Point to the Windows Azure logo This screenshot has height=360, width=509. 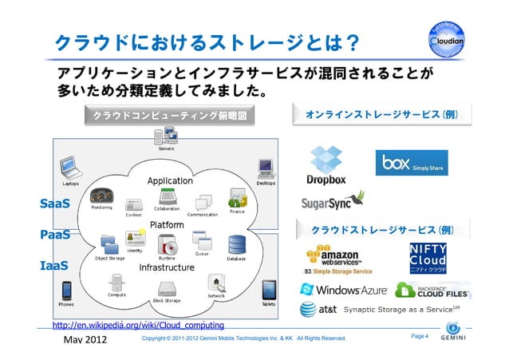pyautogui.click(x=344, y=289)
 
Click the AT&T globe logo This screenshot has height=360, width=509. pyautogui.click(x=308, y=310)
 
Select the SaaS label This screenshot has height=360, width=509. pyautogui.click(x=55, y=204)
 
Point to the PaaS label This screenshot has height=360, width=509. pyautogui.click(x=55, y=235)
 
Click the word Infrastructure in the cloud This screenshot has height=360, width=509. pyautogui.click(x=168, y=267)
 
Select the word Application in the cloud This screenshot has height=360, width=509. pyautogui.click(x=170, y=181)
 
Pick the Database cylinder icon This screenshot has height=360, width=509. pyautogui.click(x=236, y=243)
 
